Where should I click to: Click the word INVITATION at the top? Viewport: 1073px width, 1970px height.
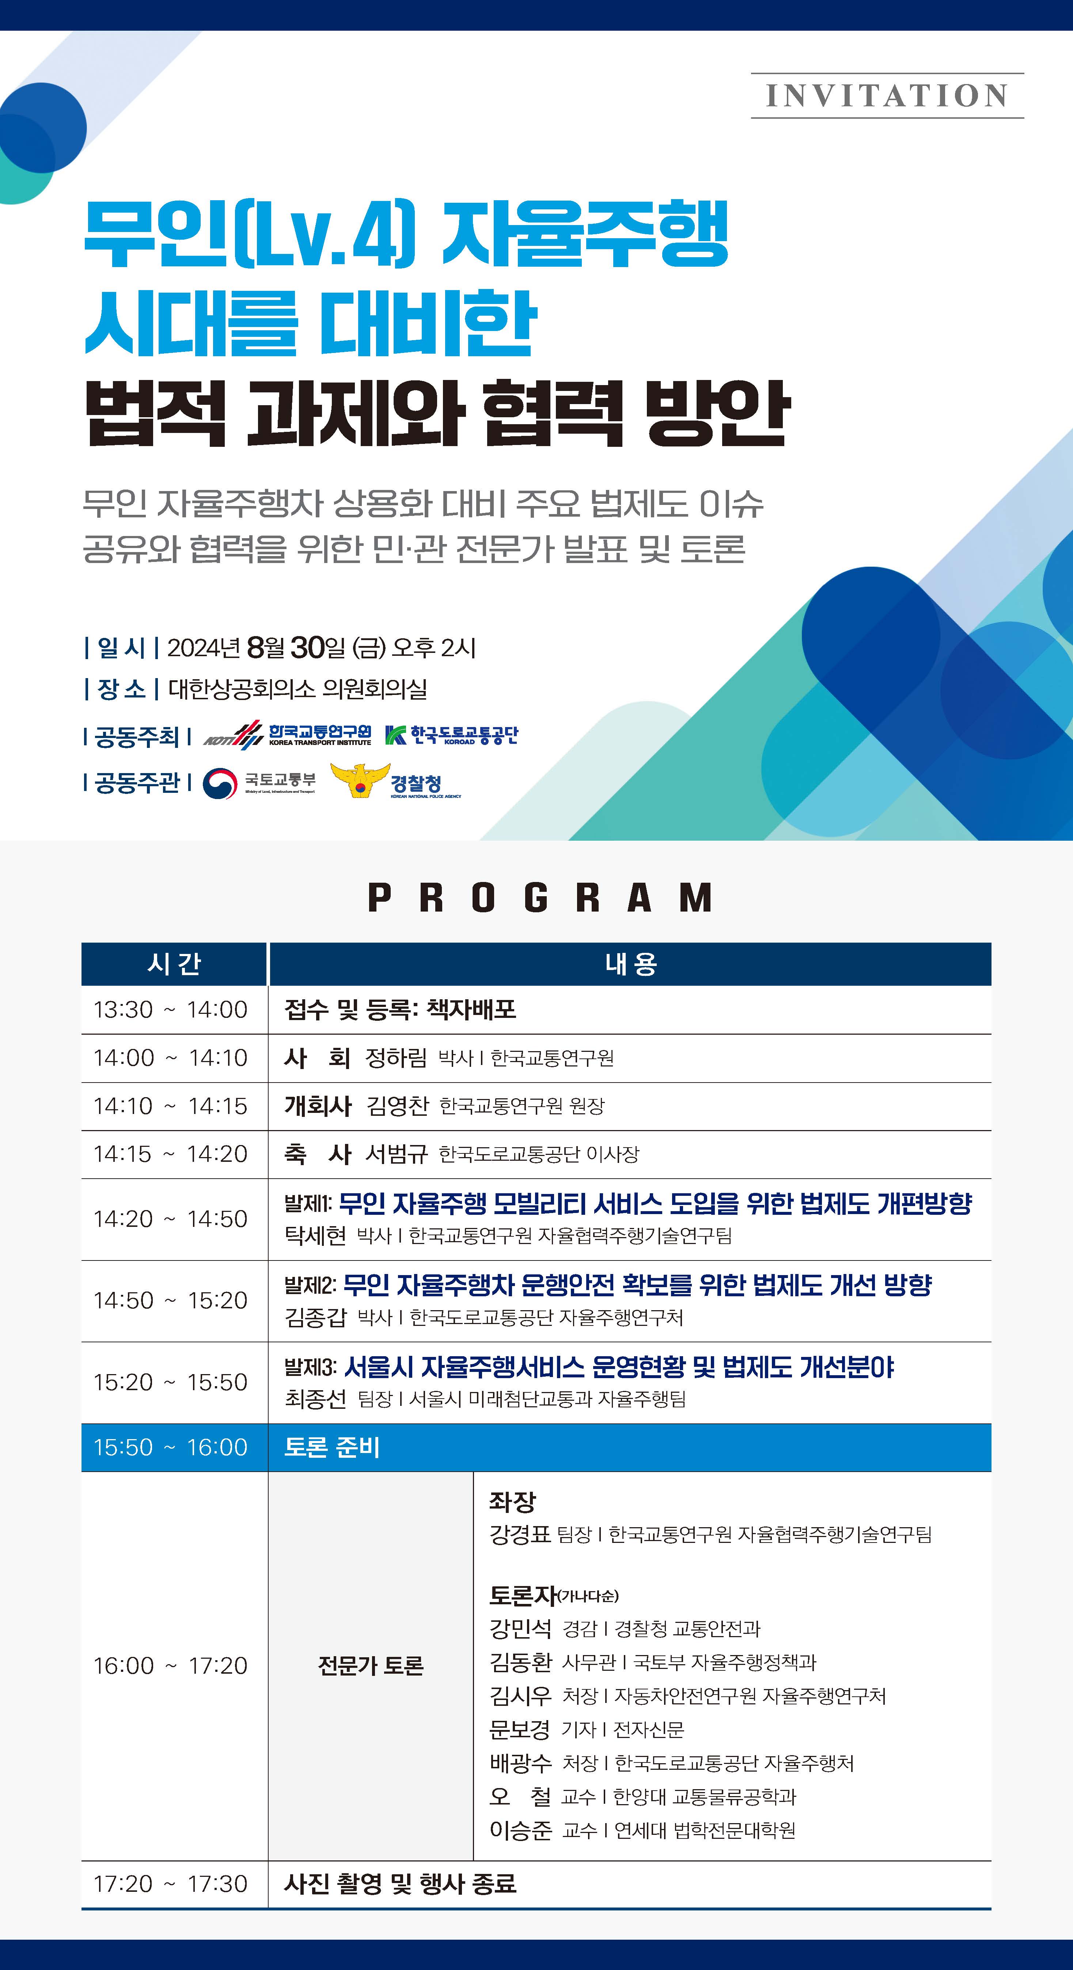click(x=887, y=96)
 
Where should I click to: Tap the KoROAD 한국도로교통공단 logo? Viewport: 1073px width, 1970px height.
click(x=451, y=735)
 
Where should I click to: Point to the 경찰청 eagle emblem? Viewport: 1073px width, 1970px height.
click(x=360, y=780)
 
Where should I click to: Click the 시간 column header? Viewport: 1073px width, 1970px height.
click(x=174, y=963)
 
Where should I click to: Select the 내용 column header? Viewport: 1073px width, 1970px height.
click(x=630, y=963)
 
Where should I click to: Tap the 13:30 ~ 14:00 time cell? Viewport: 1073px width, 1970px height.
click(x=171, y=1009)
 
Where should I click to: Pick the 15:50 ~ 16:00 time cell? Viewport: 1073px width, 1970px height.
click(x=171, y=1447)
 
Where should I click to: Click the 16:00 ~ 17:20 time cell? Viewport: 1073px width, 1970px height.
click(x=171, y=1665)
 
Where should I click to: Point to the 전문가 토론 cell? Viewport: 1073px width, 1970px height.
click(x=371, y=1665)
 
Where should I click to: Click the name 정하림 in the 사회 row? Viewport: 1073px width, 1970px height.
click(x=396, y=1058)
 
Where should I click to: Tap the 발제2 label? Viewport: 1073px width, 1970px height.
click(x=310, y=1285)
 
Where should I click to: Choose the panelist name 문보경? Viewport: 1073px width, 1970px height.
click(x=520, y=1729)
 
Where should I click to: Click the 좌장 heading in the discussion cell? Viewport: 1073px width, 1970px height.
click(x=512, y=1501)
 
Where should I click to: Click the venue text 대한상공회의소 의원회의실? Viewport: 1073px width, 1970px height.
click(x=297, y=689)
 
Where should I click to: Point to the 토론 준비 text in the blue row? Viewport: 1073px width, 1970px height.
click(x=332, y=1447)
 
